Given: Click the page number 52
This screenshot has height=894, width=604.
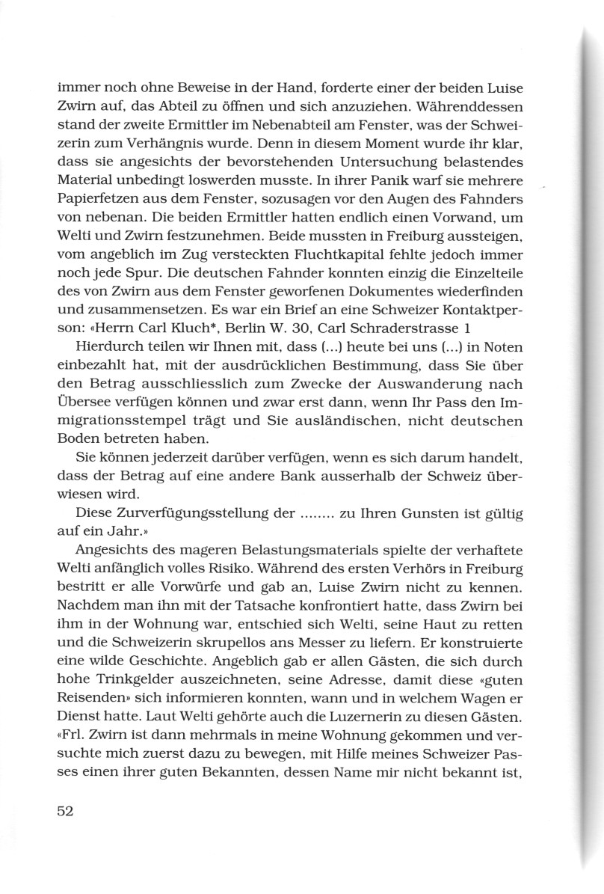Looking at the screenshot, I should (x=67, y=812).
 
